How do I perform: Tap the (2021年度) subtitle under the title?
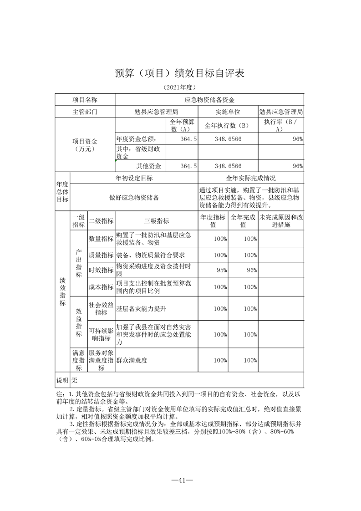coord(180,87)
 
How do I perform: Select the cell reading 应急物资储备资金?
coord(209,99)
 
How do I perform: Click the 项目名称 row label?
coord(85,99)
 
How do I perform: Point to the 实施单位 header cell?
coord(228,112)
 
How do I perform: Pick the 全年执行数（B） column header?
coord(228,125)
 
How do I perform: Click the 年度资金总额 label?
coord(137,138)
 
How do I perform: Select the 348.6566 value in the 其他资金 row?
coord(228,166)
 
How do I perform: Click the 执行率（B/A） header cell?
coord(281,125)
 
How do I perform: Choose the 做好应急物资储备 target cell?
coord(134,197)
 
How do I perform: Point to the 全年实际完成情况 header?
coord(251,178)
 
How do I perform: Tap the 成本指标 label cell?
coord(101,287)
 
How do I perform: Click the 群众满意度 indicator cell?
coord(132,360)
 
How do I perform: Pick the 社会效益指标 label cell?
coord(101,308)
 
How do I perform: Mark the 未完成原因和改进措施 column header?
coord(281,221)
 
